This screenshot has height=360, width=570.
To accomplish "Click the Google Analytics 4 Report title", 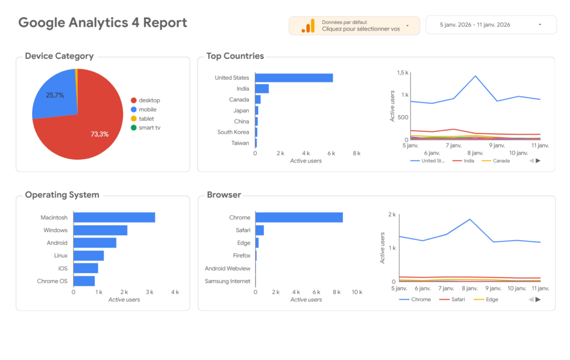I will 102,23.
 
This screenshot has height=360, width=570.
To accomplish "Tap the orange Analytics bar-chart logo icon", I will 308,26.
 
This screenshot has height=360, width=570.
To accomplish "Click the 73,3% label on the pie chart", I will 100,134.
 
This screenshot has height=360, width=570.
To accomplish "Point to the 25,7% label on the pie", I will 55,95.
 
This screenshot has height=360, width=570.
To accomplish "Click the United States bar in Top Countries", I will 294,78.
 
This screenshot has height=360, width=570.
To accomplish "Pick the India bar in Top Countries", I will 262,88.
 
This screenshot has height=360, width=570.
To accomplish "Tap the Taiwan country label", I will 240,143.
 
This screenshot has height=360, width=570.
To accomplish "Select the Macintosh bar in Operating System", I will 114,218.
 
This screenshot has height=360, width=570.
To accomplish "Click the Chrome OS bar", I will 84,281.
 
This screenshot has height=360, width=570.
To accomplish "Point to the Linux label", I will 61,255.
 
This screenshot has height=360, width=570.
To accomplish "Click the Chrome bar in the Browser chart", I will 299,218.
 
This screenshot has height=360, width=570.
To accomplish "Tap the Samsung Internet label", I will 227,281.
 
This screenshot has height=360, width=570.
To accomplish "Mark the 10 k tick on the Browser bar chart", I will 356,292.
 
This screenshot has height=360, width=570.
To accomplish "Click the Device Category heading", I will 59,56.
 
